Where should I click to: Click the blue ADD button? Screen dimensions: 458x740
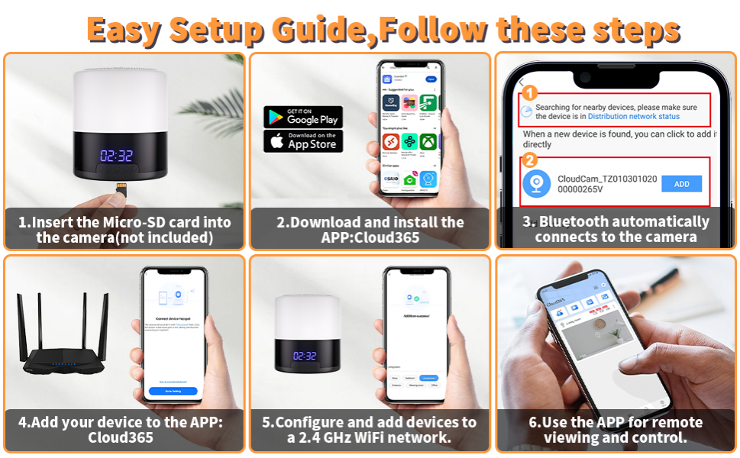tap(681, 184)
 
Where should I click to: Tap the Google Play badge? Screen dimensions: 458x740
tap(303, 117)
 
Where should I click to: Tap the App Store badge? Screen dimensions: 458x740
tap(303, 140)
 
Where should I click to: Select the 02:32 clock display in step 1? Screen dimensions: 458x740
tap(116, 156)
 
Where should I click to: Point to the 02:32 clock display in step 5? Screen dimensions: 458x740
tap(305, 356)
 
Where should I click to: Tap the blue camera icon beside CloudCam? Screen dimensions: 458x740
tap(536, 184)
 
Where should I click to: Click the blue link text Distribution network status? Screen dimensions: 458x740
tap(633, 117)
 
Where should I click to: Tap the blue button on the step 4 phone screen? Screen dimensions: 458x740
tap(173, 391)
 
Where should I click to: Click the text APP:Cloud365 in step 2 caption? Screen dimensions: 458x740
tap(370, 237)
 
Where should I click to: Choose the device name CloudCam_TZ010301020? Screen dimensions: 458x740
tap(606, 178)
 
